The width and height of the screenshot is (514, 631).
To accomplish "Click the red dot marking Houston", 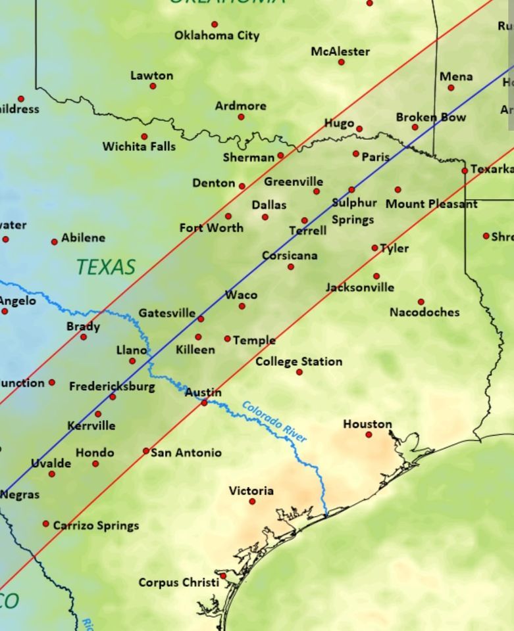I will (x=369, y=434).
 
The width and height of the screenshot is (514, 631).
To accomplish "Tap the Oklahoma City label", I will (x=217, y=35).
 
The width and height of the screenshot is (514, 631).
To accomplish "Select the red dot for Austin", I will (x=204, y=402).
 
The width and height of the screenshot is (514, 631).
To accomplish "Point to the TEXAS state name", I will (x=105, y=267).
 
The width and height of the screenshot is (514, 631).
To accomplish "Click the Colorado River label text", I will (x=274, y=421).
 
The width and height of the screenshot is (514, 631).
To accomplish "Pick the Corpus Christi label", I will (x=178, y=582).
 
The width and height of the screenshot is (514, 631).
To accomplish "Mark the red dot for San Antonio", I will (x=146, y=451).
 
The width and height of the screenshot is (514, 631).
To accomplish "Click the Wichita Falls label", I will (x=139, y=147).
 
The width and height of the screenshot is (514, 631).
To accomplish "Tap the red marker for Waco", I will (x=242, y=306).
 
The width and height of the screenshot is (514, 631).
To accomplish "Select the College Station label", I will (x=299, y=362).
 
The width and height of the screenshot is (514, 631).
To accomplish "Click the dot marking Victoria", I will (x=252, y=502).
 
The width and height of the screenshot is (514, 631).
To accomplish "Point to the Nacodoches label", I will (x=424, y=312).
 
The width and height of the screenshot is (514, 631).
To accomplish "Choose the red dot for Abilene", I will (x=54, y=242).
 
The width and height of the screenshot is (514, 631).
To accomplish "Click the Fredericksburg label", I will (x=112, y=386).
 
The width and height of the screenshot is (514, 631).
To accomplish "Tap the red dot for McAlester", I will (x=341, y=62).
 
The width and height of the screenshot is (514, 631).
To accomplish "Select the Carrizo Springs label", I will (x=96, y=525).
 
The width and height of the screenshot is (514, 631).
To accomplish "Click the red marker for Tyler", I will (x=374, y=248).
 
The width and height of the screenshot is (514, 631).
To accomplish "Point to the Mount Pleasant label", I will (x=431, y=204).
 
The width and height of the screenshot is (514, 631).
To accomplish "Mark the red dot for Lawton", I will (x=153, y=86).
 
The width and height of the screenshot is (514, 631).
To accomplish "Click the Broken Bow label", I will (x=430, y=117).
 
